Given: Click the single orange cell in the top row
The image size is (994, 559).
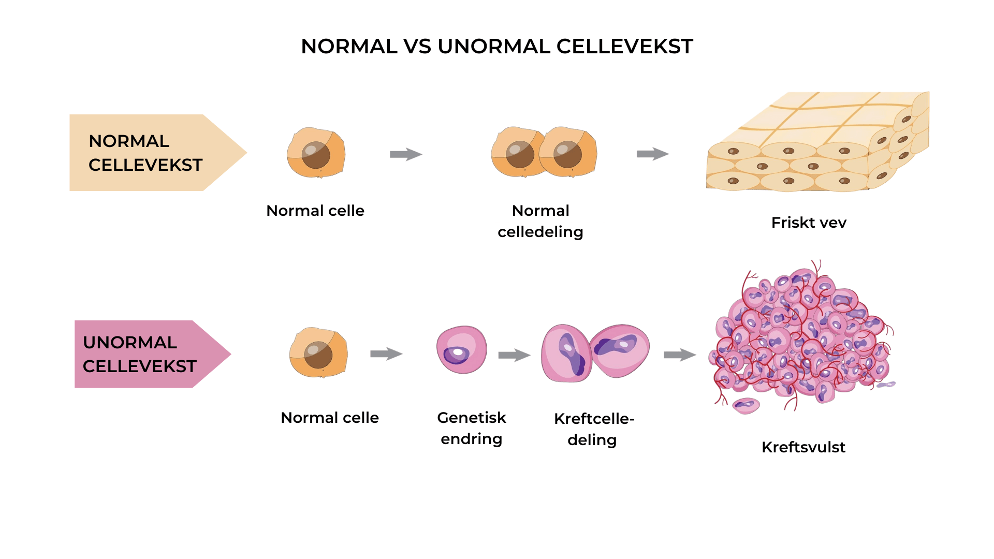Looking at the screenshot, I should coord(316,153).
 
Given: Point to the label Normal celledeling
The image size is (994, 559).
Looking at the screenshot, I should coord(540,221).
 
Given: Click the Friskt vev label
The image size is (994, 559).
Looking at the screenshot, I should coord(809,223).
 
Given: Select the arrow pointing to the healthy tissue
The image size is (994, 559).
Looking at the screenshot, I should coord(652,154).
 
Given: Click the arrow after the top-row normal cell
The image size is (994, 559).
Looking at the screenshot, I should coord(406,154).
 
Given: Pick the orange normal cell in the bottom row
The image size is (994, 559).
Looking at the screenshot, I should coord(318,352).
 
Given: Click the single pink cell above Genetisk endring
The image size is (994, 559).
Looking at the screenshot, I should coord(461,350).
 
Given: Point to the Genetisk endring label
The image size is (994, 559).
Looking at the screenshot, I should coord(471,428).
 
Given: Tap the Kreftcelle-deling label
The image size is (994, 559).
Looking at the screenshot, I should coord(593,429).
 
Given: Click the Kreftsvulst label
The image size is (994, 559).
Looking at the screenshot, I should coord(803,447).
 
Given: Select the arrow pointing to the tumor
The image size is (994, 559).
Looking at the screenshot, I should coord(680,355).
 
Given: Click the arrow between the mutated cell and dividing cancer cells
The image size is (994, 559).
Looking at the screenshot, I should coord(514,355).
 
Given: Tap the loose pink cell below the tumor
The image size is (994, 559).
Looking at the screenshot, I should coord(746,405).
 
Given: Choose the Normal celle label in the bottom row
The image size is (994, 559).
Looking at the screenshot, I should coord(330,418).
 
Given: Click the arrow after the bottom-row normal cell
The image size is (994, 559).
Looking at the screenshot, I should coord(386,354).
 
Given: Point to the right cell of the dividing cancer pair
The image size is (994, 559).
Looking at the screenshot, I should coord(620,350).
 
